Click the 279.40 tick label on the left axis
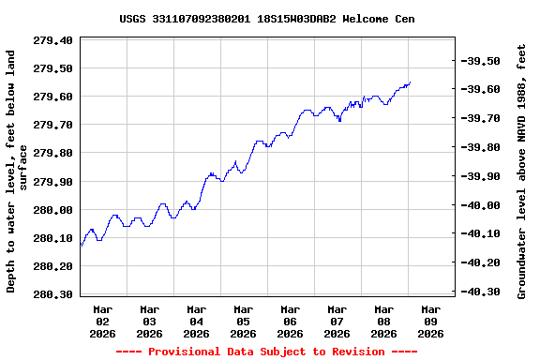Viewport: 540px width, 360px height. coord(53,40)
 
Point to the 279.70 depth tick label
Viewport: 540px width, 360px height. coord(53,125)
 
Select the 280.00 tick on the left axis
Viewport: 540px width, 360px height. coord(53,209)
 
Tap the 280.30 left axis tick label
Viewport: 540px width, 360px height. coord(53,294)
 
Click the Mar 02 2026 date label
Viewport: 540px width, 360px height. coord(103,321)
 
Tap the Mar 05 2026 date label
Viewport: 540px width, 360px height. coord(244,321)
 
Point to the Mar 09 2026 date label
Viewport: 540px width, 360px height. coord(431,321)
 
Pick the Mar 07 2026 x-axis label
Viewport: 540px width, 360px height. coord(337,321)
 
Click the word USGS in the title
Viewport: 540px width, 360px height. coord(133,19)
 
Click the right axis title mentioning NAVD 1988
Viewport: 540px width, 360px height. coord(522,170)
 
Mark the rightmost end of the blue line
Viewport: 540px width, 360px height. coord(410,82)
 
